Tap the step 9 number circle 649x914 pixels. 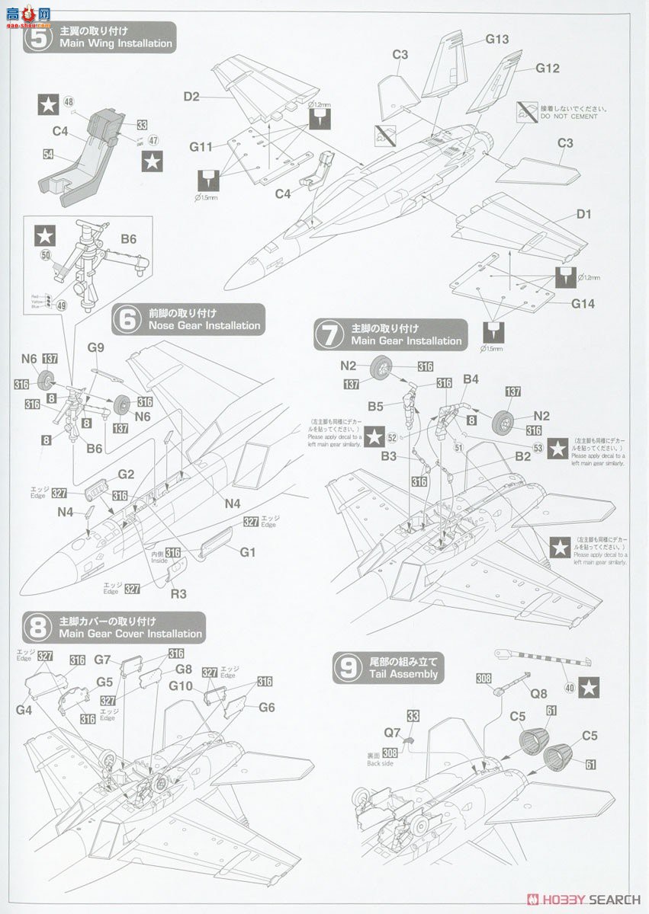pyautogui.click(x=347, y=667)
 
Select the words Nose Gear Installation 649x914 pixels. pyautogui.click(x=195, y=326)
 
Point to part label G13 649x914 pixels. pyautogui.click(x=496, y=40)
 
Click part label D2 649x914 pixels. pyautogui.click(x=191, y=97)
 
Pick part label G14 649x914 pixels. pyautogui.click(x=583, y=303)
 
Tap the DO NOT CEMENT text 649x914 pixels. pyautogui.click(x=568, y=117)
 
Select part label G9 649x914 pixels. pyautogui.click(x=95, y=347)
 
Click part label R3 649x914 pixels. pyautogui.click(x=178, y=593)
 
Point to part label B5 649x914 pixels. pyautogui.click(x=375, y=407)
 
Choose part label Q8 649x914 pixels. pyautogui.click(x=538, y=693)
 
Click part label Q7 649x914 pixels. pyautogui.click(x=392, y=732)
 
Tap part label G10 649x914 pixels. pyautogui.click(x=180, y=685)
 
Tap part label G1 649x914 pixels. pyautogui.click(x=247, y=551)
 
